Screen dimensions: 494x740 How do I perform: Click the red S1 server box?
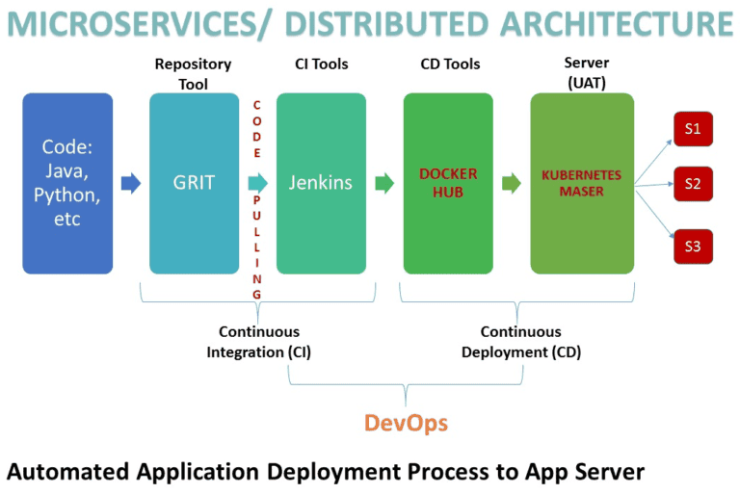pyautogui.click(x=693, y=129)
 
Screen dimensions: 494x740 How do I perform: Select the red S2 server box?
pyautogui.click(x=693, y=183)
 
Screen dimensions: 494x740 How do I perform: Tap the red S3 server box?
pyautogui.click(x=693, y=247)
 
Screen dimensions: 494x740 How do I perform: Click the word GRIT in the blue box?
pyautogui.click(x=194, y=183)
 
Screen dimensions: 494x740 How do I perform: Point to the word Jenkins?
pyautogui.click(x=321, y=183)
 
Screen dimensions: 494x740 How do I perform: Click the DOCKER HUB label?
pyautogui.click(x=447, y=183)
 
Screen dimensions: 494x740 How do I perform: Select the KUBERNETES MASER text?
pyautogui.click(x=582, y=183)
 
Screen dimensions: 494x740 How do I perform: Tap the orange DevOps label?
pyautogui.click(x=406, y=423)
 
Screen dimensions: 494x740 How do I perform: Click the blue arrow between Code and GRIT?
pyautogui.click(x=131, y=183)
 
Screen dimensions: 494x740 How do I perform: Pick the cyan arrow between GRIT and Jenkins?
pyautogui.click(x=257, y=183)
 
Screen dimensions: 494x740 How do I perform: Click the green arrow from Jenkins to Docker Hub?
pyautogui.click(x=384, y=183)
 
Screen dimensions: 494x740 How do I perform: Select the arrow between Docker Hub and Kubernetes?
pyautogui.click(x=512, y=183)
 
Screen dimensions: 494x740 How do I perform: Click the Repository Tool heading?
pyautogui.click(x=194, y=74)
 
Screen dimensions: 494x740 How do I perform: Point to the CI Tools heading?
pyautogui.click(x=321, y=65)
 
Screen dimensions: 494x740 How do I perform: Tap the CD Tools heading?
pyautogui.click(x=450, y=65)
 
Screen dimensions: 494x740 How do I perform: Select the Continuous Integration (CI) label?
pyautogui.click(x=258, y=342)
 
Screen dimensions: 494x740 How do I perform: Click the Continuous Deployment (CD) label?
pyautogui.click(x=520, y=342)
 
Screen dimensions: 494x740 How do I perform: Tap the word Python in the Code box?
pyautogui.click(x=67, y=195)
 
